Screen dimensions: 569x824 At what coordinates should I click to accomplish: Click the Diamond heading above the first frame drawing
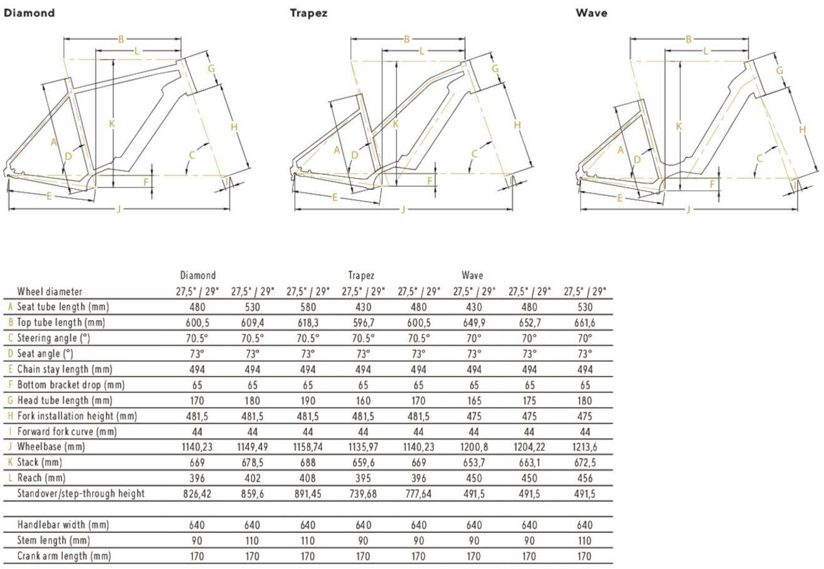pyautogui.click(x=29, y=12)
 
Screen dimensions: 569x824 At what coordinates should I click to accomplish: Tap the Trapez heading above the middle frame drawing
pyautogui.click(x=308, y=12)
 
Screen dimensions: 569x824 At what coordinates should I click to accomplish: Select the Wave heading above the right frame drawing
pyautogui.click(x=591, y=12)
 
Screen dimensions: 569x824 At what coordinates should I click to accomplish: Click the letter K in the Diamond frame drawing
pyautogui.click(x=112, y=124)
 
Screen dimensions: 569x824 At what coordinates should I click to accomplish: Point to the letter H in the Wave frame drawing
pyautogui.click(x=803, y=130)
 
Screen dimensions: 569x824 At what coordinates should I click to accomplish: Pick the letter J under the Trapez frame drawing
pyautogui.click(x=403, y=209)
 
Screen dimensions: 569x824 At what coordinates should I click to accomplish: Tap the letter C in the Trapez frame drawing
pyautogui.click(x=475, y=154)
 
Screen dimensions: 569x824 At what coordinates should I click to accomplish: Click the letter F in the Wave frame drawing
pyautogui.click(x=712, y=184)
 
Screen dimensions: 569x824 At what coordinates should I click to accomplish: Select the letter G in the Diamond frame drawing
pyautogui.click(x=211, y=68)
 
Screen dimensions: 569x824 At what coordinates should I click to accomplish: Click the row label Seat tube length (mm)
pyautogui.click(x=63, y=307)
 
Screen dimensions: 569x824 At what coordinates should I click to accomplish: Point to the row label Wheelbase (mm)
pyautogui.click(x=51, y=447)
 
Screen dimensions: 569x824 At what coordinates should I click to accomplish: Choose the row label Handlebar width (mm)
pyautogui.click(x=63, y=525)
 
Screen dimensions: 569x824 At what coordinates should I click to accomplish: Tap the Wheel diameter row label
pyautogui.click(x=50, y=291)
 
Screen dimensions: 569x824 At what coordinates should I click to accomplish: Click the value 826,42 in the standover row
pyautogui.click(x=197, y=494)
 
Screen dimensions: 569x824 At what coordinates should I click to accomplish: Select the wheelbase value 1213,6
pyautogui.click(x=584, y=447)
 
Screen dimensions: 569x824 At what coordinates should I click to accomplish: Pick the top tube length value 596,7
pyautogui.click(x=363, y=323)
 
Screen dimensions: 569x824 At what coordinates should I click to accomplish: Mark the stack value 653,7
pyautogui.click(x=474, y=462)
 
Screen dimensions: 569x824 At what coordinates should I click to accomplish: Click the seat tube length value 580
pyautogui.click(x=308, y=307)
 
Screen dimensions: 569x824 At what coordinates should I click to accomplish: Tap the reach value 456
pyautogui.click(x=584, y=478)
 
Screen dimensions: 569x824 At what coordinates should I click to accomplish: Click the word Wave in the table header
pyautogui.click(x=472, y=275)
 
